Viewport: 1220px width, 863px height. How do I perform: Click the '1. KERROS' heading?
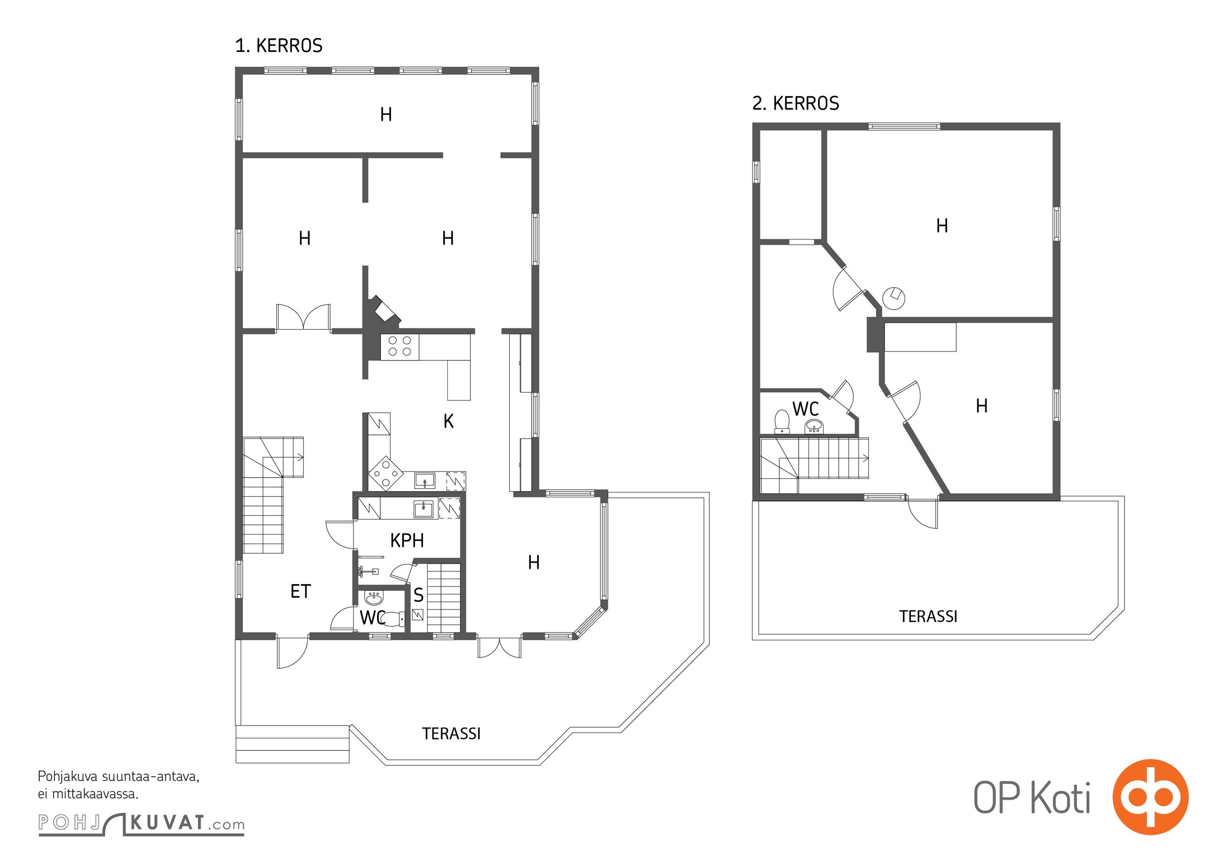[279, 46]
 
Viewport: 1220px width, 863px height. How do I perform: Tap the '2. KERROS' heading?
[796, 103]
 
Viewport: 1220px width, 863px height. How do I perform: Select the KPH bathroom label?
[407, 540]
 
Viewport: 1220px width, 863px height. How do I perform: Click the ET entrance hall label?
[300, 592]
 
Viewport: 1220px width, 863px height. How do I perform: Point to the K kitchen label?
[448, 421]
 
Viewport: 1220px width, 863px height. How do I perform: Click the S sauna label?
[419, 595]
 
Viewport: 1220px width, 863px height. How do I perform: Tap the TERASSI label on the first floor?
[451, 734]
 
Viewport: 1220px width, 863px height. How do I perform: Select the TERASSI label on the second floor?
[928, 617]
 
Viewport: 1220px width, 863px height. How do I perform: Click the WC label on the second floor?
[805, 409]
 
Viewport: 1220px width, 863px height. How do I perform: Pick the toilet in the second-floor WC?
[782, 422]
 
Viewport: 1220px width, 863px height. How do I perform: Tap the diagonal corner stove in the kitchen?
[386, 474]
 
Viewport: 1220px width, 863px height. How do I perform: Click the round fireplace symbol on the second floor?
[894, 298]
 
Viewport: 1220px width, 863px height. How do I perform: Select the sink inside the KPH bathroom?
[424, 509]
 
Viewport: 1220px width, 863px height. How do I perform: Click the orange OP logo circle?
[1150, 797]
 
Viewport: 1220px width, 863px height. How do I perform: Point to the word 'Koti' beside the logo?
[1061, 797]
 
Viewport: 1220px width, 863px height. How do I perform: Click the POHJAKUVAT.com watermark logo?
[141, 824]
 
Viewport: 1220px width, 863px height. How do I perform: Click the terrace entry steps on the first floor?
[293, 744]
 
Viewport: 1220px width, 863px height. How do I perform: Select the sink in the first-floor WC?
[374, 599]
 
